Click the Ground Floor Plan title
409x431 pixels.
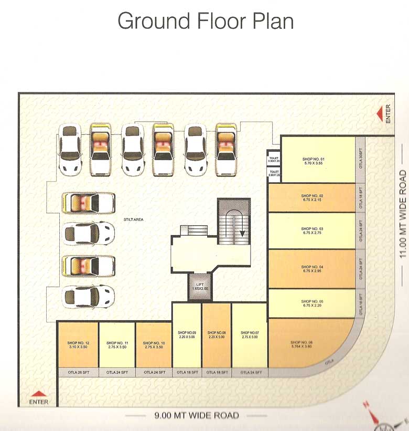(205, 21)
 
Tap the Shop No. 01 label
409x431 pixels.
(314, 159)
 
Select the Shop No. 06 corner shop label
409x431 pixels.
(301, 342)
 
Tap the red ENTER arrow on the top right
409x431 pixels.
(380, 114)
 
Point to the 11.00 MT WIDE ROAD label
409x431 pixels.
(403, 214)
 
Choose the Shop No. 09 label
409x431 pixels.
(187, 333)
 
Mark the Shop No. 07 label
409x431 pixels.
(250, 333)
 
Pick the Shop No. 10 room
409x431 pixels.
(154, 345)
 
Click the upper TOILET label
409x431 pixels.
(274, 157)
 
